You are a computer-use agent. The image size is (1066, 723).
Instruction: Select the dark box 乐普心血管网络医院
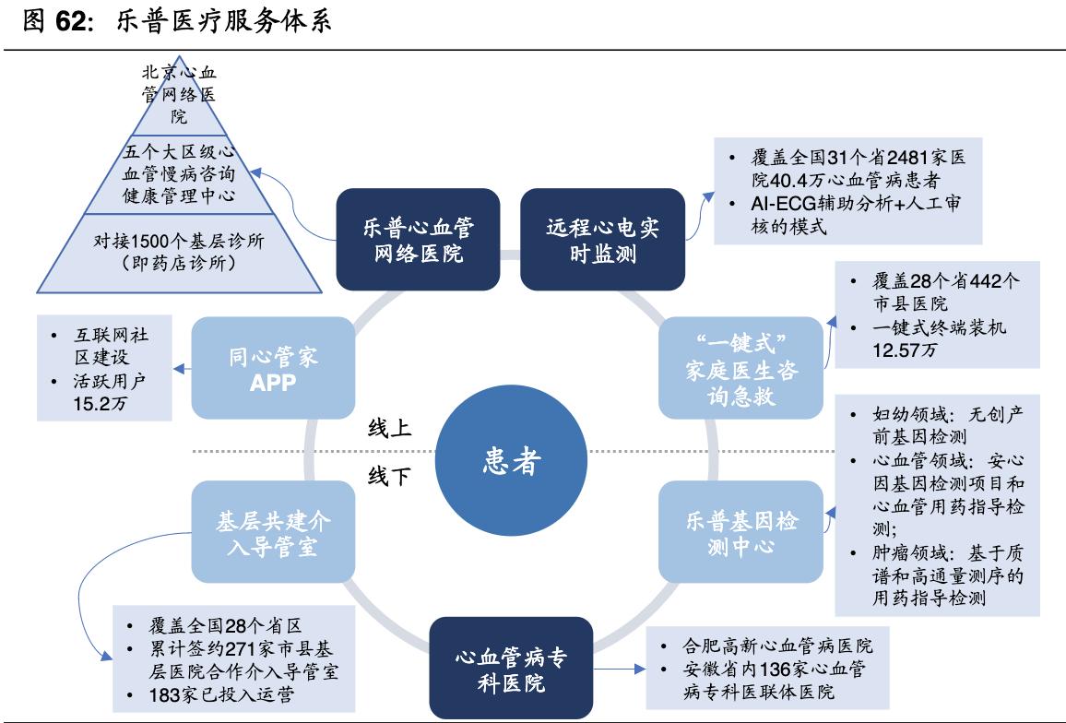click(x=419, y=240)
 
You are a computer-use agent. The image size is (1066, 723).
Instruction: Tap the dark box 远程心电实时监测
click(x=603, y=240)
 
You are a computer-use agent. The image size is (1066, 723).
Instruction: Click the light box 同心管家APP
click(x=273, y=369)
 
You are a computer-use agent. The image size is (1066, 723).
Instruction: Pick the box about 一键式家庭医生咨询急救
click(x=741, y=369)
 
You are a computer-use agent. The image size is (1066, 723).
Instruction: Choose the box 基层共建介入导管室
click(x=273, y=533)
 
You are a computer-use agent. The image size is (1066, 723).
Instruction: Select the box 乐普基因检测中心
click(x=741, y=533)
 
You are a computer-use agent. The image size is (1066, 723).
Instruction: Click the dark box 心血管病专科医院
click(x=511, y=670)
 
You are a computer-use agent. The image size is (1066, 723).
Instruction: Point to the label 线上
click(x=389, y=429)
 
